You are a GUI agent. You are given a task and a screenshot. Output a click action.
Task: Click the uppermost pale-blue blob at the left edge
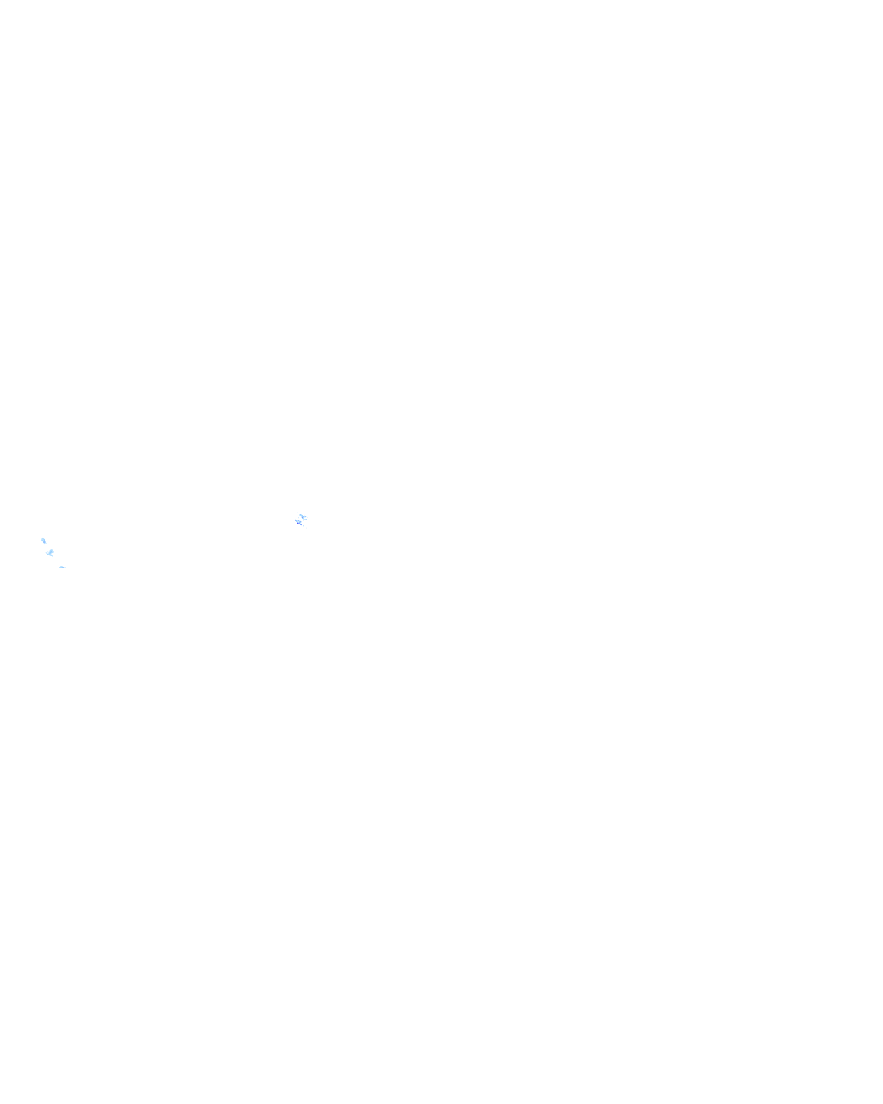43,541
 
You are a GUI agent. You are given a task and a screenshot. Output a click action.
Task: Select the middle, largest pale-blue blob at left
50,553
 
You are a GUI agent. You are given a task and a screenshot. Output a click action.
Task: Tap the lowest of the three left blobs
62,567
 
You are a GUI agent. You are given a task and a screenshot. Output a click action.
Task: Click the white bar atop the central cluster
301,511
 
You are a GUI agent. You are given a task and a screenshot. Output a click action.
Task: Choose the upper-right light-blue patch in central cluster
305,516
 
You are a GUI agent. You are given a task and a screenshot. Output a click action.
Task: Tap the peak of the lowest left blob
60,565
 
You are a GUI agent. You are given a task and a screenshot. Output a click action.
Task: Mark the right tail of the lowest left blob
66,568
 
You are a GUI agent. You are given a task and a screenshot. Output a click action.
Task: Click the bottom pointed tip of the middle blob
52,558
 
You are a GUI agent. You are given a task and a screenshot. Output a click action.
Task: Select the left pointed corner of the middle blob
46,551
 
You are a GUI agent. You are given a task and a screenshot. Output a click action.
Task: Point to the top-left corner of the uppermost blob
41,537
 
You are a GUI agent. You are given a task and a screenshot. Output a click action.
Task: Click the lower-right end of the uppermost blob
46,544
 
